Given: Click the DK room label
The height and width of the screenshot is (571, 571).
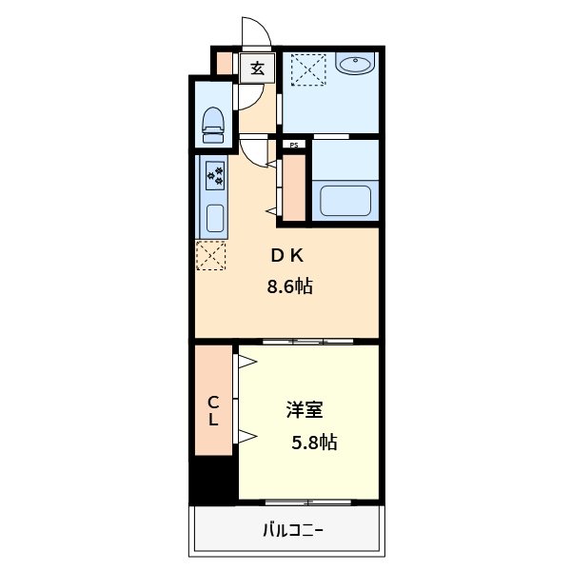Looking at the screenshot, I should pyautogui.click(x=286, y=255).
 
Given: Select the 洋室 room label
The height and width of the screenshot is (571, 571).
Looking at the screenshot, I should pyautogui.click(x=305, y=411).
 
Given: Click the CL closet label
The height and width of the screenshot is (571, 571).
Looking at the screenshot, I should pyautogui.click(x=214, y=410).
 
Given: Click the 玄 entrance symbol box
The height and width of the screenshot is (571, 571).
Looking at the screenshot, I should pyautogui.click(x=257, y=68).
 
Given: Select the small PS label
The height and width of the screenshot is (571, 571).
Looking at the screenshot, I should pyautogui.click(x=294, y=145).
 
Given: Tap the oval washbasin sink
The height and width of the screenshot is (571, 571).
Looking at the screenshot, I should pyautogui.click(x=356, y=65).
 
